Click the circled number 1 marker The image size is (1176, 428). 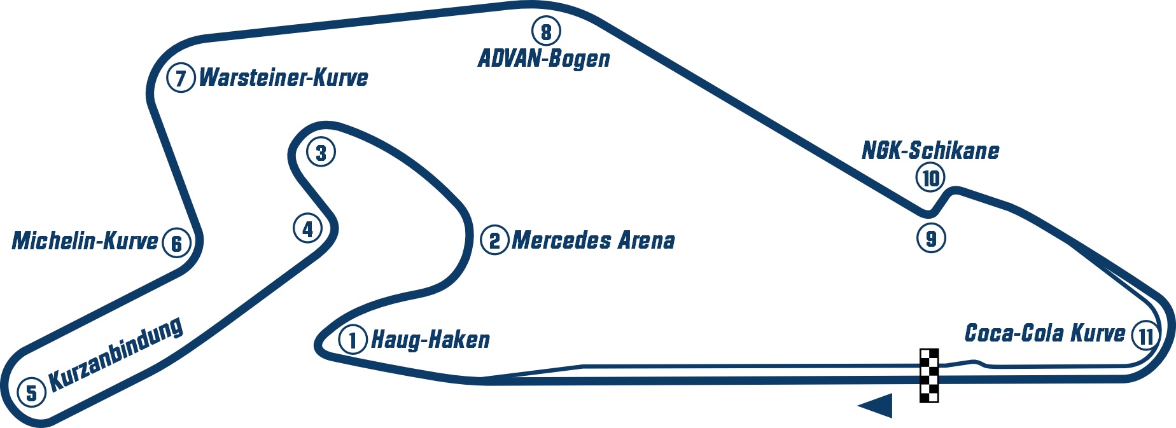click(x=353, y=340)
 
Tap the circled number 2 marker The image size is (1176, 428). click(x=494, y=241)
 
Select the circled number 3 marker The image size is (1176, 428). click(x=321, y=153)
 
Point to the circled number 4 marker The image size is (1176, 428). click(x=307, y=228)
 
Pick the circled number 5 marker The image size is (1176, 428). click(x=31, y=392)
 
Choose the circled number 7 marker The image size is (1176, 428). click(x=181, y=79)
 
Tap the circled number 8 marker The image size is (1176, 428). click(x=545, y=31)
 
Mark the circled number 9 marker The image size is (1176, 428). click(x=931, y=238)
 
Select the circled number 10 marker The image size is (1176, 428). click(x=930, y=179)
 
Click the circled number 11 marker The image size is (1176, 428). click(x=1145, y=335)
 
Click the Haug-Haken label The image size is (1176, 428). click(x=431, y=340)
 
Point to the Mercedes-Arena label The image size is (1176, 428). click(x=593, y=241)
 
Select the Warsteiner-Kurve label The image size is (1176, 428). click(x=285, y=78)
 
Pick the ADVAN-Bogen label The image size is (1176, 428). click(x=543, y=60)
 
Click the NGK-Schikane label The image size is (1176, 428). click(x=931, y=151)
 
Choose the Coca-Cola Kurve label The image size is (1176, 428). click(x=1044, y=335)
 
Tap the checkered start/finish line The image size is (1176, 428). click(x=928, y=376)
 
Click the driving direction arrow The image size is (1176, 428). click(x=878, y=405)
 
